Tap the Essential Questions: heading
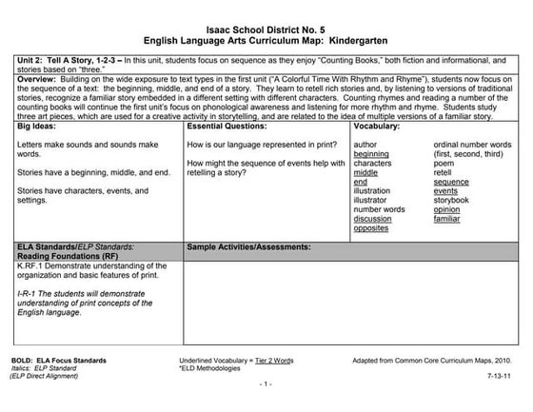228,126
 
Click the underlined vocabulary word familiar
447,219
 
